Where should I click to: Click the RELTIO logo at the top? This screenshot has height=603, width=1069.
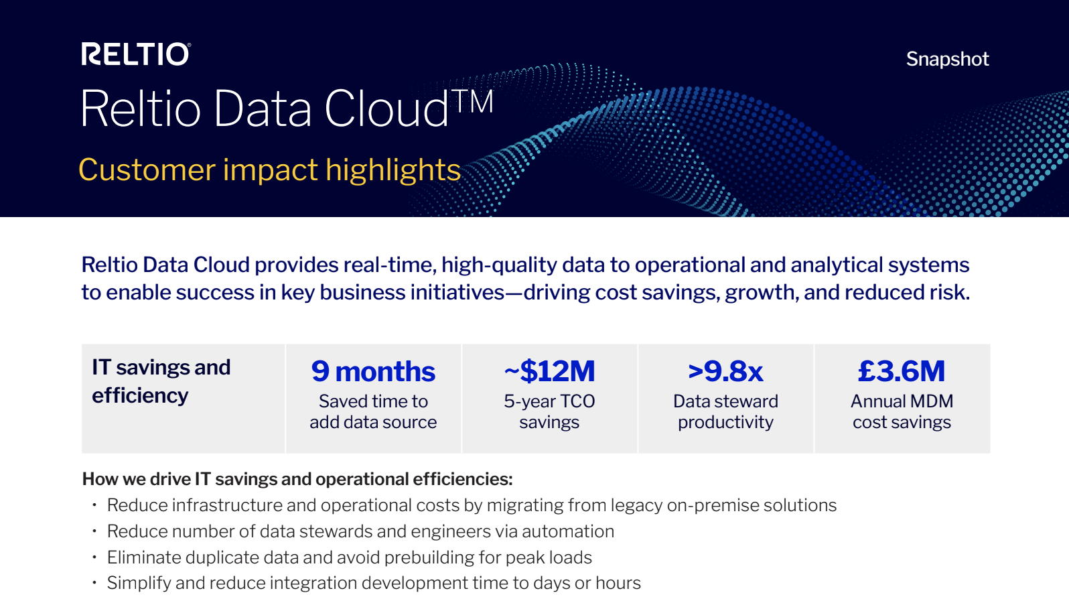click(x=136, y=54)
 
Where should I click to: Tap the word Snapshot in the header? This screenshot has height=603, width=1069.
click(x=947, y=60)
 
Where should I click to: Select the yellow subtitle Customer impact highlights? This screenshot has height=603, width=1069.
click(x=270, y=170)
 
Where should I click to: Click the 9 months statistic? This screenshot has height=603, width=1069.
click(x=373, y=371)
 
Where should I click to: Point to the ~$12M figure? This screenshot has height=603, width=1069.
click(x=549, y=371)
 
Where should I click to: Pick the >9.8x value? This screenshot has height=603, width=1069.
click(x=725, y=371)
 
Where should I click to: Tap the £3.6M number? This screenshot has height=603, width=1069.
click(x=902, y=371)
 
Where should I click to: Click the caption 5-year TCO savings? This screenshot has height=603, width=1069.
click(x=549, y=411)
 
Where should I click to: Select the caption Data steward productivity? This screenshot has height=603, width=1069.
click(x=725, y=411)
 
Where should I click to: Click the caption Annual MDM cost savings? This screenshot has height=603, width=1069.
click(x=902, y=411)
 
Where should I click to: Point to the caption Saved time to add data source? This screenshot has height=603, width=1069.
click(x=373, y=411)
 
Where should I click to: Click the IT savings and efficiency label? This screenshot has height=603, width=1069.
click(x=161, y=381)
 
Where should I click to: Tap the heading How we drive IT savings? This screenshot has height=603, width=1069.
click(x=297, y=479)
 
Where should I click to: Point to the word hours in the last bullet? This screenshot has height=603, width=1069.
click(x=618, y=583)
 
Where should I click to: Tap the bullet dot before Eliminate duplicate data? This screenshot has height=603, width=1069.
click(x=94, y=557)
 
